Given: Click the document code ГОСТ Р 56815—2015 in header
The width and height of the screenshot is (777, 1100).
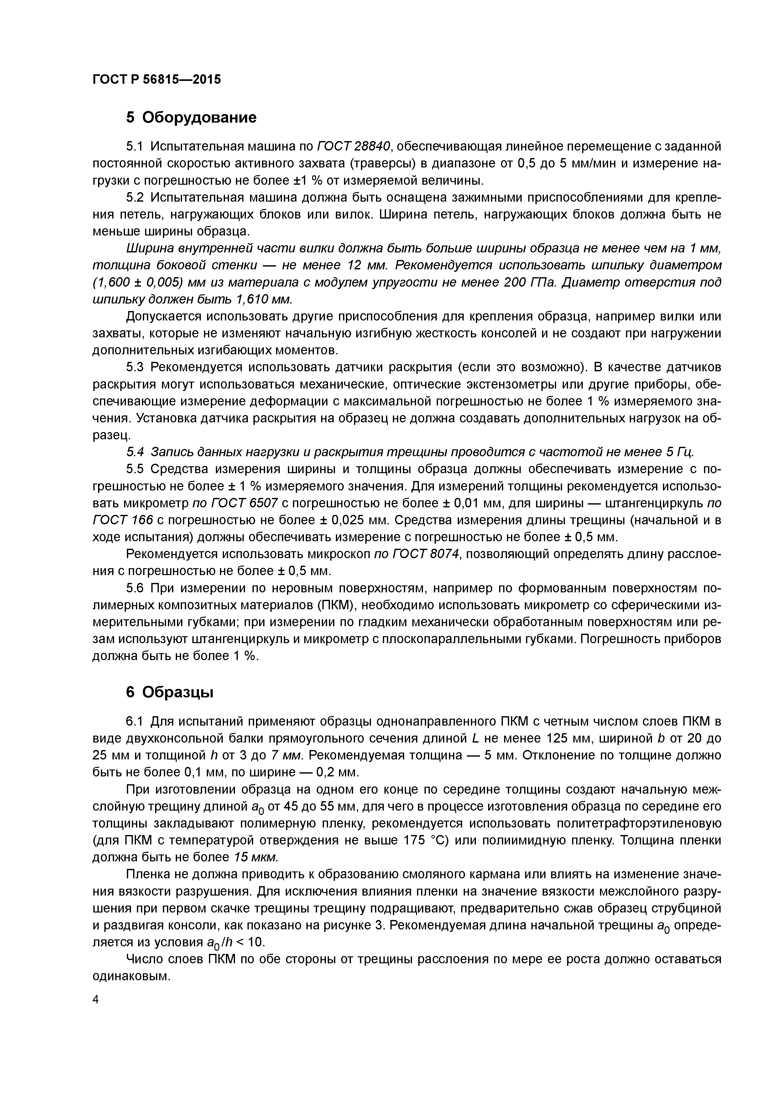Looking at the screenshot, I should pyautogui.click(x=157, y=80).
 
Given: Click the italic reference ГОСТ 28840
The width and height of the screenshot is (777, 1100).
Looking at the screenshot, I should pyautogui.click(x=354, y=145).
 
